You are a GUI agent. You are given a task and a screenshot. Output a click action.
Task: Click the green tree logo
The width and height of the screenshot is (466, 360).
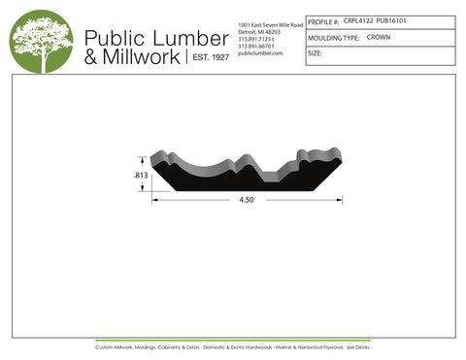point(41,42)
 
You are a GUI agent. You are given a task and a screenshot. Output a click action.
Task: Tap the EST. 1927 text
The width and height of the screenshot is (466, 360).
point(207,58)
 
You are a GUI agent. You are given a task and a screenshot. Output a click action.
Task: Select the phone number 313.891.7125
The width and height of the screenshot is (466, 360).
point(256,39)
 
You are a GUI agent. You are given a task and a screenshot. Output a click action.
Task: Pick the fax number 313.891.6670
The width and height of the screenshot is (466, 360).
point(256,46)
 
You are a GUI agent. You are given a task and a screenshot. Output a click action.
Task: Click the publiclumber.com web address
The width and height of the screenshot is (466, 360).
point(259,53)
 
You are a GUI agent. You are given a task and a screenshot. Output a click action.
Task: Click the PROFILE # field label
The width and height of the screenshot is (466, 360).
point(323,20)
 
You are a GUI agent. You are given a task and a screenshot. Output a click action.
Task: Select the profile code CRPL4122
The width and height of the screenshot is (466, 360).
point(357,20)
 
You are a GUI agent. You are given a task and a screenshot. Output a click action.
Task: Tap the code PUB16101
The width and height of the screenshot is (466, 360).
point(392,20)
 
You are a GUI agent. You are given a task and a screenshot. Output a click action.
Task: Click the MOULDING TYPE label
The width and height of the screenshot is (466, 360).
point(333,37)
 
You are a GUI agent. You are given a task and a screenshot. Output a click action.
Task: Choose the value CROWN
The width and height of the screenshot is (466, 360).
point(379,37)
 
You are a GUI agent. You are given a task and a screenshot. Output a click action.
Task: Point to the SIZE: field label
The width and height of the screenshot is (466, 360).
point(315,53)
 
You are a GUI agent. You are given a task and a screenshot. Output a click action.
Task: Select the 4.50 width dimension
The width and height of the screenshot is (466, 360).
point(247,202)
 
